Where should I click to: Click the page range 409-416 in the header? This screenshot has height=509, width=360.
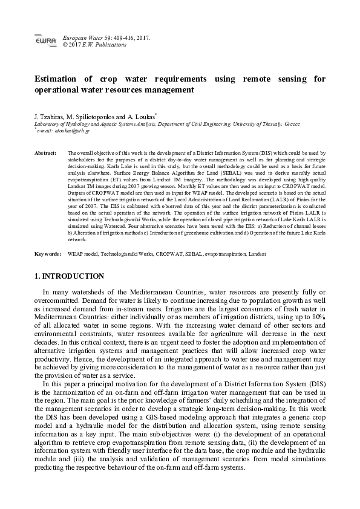point(123,37)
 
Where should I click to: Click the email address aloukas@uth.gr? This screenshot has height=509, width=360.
point(72,130)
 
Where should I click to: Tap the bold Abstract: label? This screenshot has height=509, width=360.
point(46,154)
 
